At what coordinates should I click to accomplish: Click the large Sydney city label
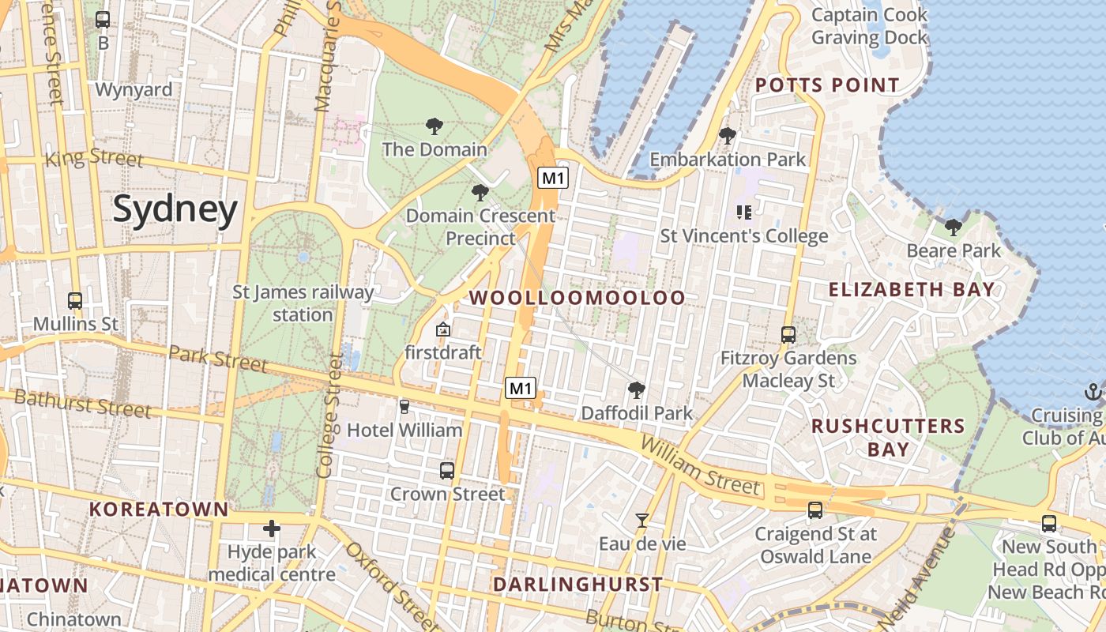(x=175, y=209)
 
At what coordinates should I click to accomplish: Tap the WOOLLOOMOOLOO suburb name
(x=577, y=298)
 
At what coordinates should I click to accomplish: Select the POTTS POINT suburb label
(x=827, y=85)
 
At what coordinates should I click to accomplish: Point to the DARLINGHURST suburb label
(x=577, y=585)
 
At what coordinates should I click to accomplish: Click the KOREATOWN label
(x=159, y=510)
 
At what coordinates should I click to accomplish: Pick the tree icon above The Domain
(x=434, y=126)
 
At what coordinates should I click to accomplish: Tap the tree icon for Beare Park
(x=954, y=228)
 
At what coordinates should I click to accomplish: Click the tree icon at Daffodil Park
(x=636, y=389)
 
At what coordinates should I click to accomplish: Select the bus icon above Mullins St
(x=75, y=301)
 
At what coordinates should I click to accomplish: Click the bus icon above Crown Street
(x=447, y=471)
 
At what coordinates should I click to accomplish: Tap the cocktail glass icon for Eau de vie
(x=642, y=521)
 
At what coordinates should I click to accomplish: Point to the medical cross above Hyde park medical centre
(x=272, y=528)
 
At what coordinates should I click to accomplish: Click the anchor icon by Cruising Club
(x=1093, y=392)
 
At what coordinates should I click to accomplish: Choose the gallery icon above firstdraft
(x=443, y=329)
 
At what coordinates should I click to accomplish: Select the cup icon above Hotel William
(x=404, y=407)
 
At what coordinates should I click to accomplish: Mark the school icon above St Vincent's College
(x=743, y=212)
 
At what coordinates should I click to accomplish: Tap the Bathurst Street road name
(x=83, y=403)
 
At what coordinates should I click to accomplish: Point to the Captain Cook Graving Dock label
(x=869, y=26)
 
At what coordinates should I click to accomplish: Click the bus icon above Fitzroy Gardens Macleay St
(x=788, y=334)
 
